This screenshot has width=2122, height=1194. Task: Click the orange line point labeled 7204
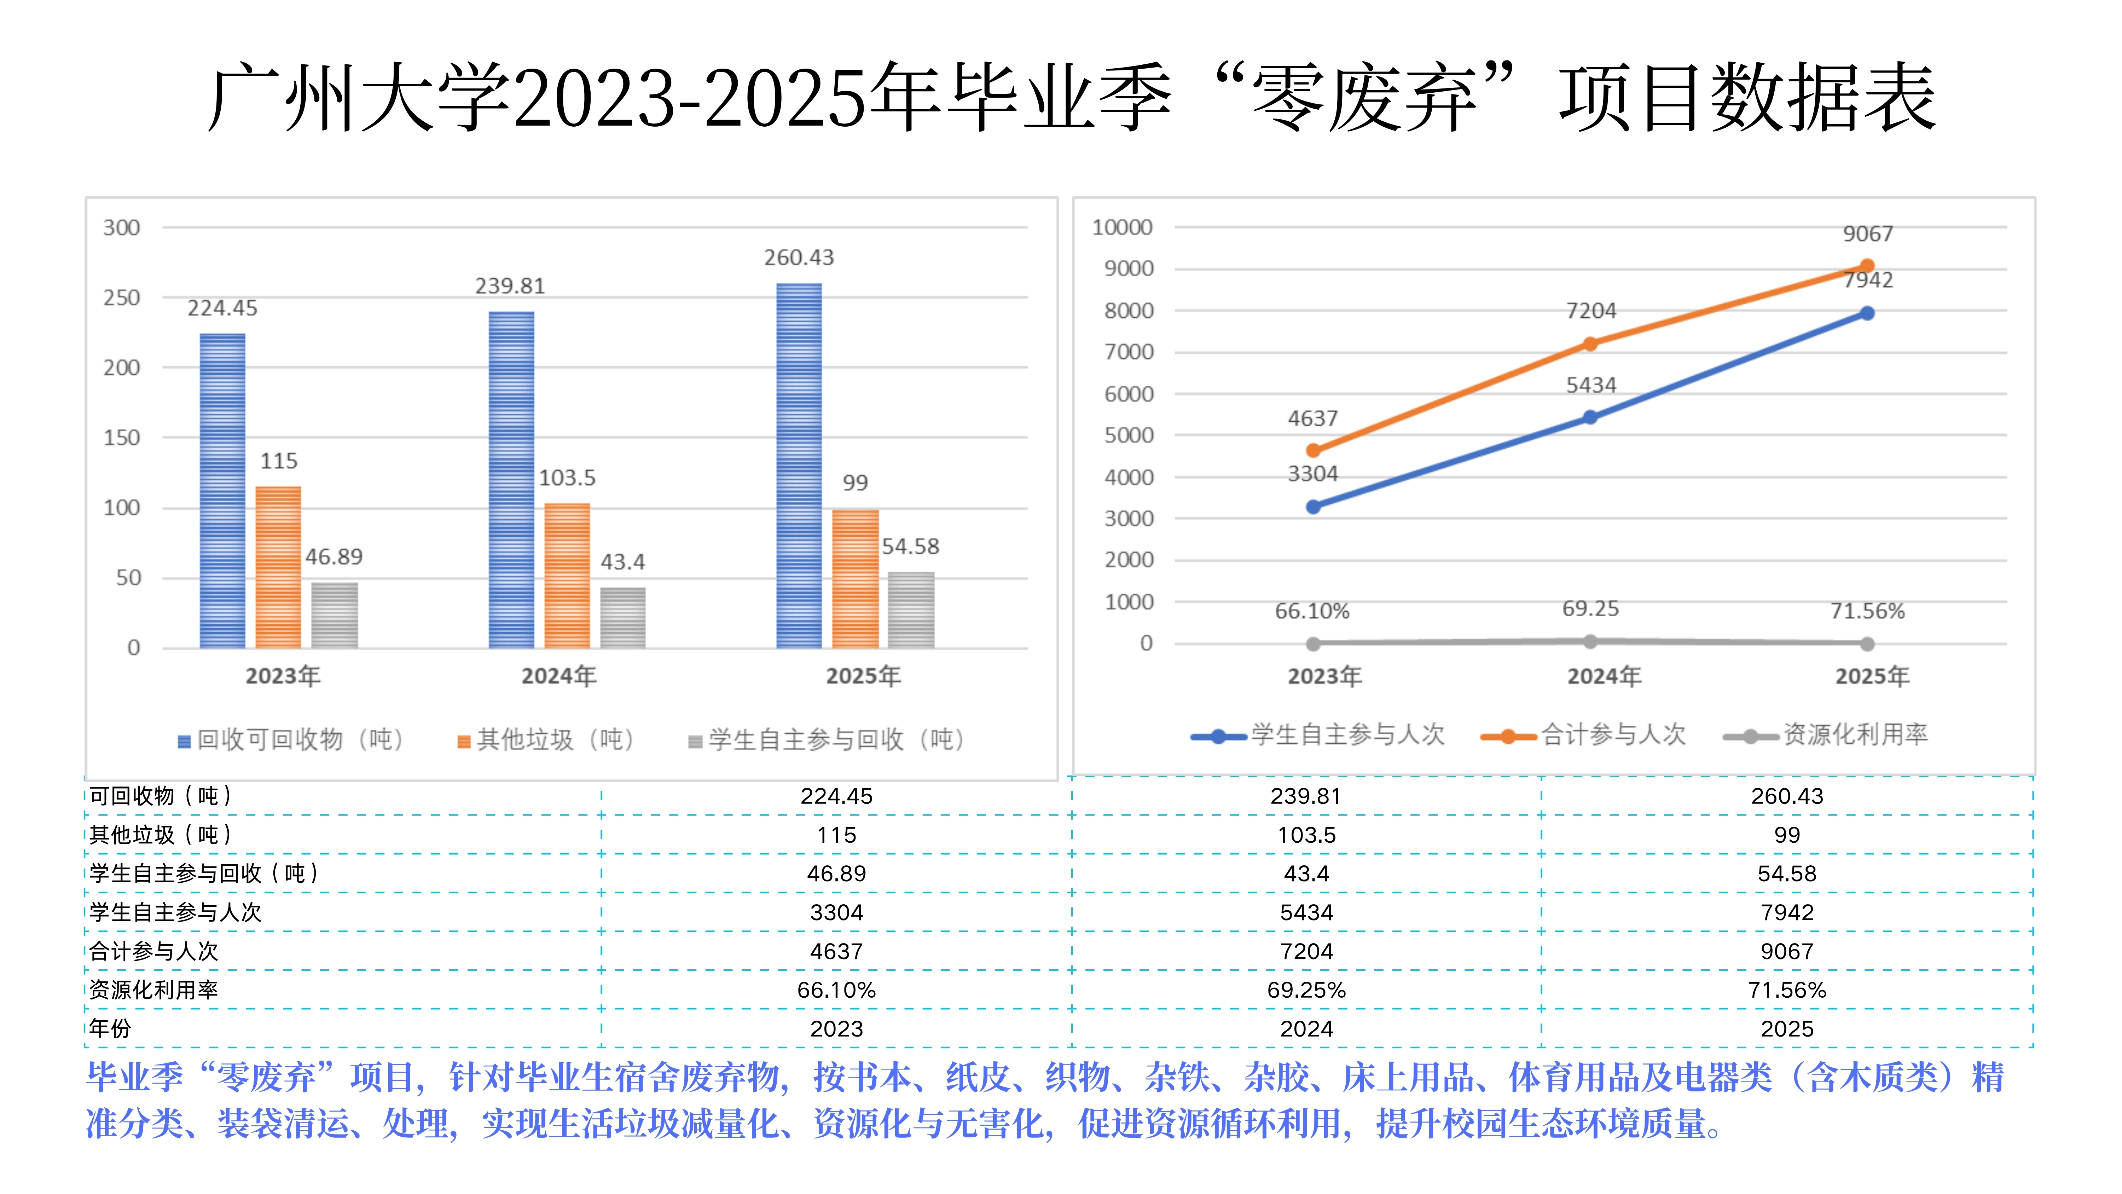[x=1590, y=345]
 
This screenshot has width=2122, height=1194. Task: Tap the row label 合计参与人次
[x=154, y=951]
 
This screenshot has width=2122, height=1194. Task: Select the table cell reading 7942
[x=1787, y=912]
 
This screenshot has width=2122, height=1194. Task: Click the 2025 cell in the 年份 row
[x=1787, y=1028]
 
